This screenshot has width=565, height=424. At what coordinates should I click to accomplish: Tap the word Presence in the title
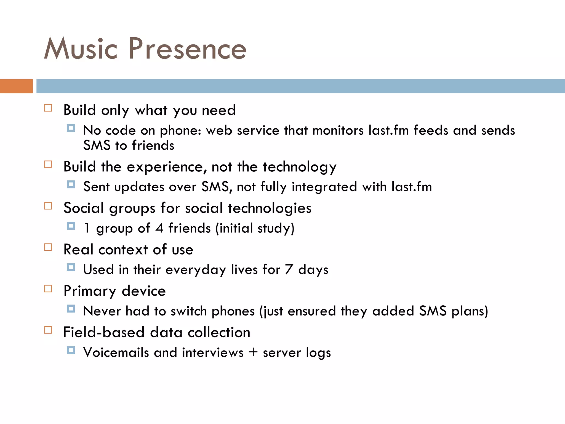187,49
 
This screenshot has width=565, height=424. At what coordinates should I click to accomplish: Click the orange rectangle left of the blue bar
16,86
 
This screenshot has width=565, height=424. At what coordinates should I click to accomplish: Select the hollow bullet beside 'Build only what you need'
48,108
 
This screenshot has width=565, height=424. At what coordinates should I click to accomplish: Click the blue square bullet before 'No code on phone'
71,128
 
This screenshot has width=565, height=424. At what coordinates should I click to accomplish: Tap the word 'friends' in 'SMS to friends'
153,145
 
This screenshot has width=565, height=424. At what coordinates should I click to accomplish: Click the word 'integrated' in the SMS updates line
324,187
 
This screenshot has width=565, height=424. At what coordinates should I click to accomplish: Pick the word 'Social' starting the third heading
83,208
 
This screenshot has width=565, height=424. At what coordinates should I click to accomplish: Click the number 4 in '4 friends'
159,229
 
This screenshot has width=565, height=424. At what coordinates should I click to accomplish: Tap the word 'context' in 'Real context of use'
123,250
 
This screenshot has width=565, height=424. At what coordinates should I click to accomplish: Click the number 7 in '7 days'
289,270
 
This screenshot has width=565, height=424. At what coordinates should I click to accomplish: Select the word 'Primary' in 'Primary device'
90,291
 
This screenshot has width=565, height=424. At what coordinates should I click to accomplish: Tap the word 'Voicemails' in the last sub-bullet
116,353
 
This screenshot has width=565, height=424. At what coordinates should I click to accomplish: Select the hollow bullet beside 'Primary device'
48,289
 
